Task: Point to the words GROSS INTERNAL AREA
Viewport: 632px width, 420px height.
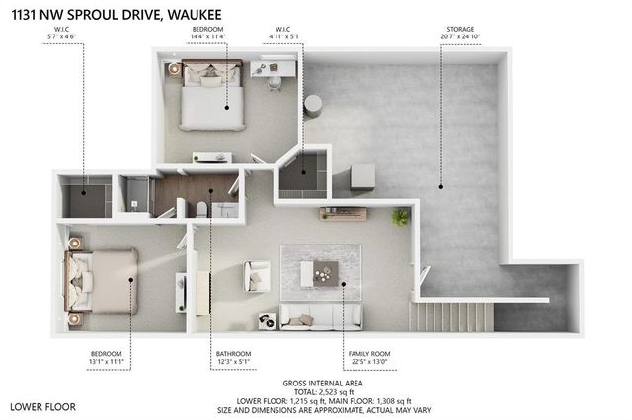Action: click(327, 380)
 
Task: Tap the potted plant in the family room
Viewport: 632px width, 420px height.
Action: click(400, 216)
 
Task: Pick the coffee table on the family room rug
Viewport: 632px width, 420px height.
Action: click(325, 273)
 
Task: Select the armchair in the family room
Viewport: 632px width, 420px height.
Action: click(257, 276)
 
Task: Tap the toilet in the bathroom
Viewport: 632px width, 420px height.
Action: click(200, 208)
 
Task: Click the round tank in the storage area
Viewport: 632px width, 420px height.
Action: click(314, 105)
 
